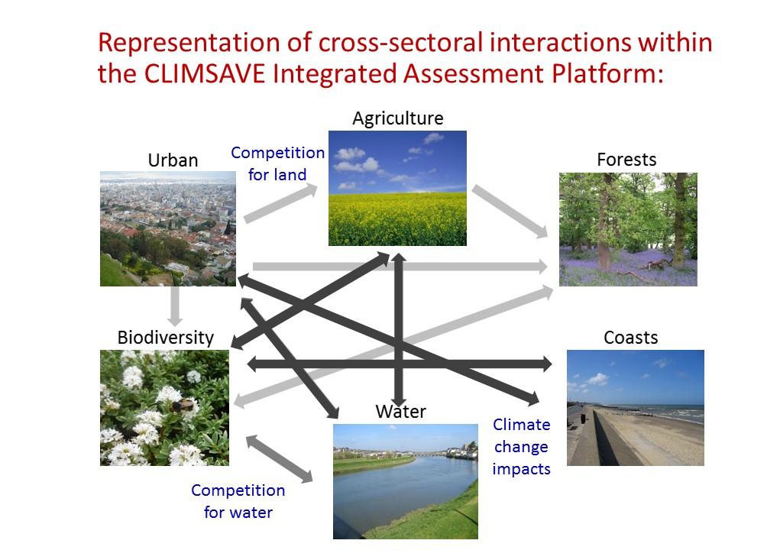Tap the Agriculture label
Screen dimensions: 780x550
[397, 118]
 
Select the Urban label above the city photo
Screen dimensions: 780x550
[173, 160]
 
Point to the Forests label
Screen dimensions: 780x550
[626, 160]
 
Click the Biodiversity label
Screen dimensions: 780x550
[165, 338]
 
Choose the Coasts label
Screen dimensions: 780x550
[630, 338]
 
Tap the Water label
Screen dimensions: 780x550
[400, 412]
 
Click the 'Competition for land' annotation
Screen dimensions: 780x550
[277, 163]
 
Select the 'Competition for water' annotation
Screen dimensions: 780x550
[238, 501]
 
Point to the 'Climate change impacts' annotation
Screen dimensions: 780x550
[521, 447]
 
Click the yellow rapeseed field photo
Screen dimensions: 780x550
[397, 188]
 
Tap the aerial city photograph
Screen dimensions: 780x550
[168, 228]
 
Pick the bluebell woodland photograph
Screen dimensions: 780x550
[628, 229]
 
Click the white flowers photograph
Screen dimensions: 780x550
[165, 408]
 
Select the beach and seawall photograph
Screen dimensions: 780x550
[636, 408]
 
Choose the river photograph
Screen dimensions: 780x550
[406, 481]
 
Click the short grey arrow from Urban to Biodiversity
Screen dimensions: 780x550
[175, 306]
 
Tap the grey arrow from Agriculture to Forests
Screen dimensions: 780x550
[510, 212]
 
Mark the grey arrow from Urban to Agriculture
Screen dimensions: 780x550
[280, 203]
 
